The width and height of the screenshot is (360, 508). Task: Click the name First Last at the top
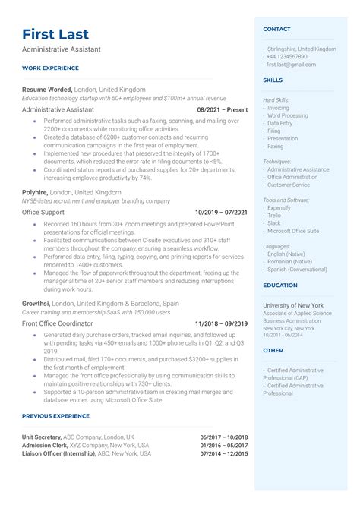tap(55, 34)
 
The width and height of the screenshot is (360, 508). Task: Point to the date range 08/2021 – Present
tap(222, 109)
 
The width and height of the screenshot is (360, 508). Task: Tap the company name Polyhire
tap(35, 193)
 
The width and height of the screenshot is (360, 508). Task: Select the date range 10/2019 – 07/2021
tap(221, 213)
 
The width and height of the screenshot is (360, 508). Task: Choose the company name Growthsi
tap(36, 304)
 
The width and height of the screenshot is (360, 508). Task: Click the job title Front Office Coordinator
tap(56, 323)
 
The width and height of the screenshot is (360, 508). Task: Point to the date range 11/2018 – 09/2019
tap(221, 323)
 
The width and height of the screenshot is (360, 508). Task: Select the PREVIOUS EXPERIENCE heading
tap(55, 416)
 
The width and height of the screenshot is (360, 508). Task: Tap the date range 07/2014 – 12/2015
tap(223, 453)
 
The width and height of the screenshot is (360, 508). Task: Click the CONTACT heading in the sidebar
tap(276, 29)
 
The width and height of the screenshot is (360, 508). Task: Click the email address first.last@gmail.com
tap(290, 65)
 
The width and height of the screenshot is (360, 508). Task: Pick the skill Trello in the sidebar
tap(274, 216)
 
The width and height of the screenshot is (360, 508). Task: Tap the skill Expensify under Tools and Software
tap(279, 207)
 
